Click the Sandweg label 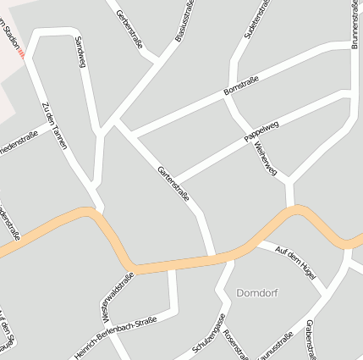(x=80, y=53)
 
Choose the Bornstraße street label (x=240, y=86)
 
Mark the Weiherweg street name (x=265, y=158)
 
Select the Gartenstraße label (x=173, y=185)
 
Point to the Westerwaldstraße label (x=117, y=296)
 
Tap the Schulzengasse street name (x=208, y=335)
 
